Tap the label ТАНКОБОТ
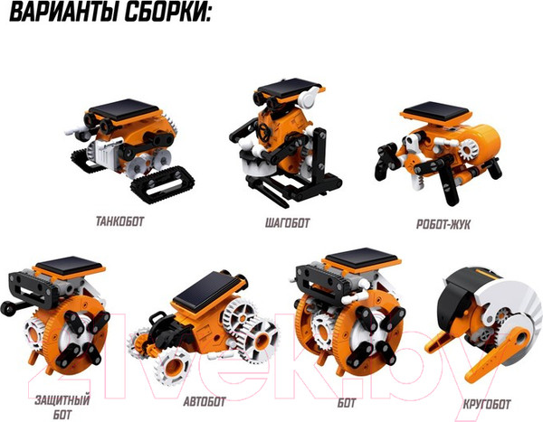pyautogui.click(x=119, y=221)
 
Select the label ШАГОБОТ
pyautogui.click(x=287, y=223)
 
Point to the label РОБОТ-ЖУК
pyautogui.click(x=443, y=224)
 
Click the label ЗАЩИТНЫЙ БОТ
pyautogui.click(x=62, y=408)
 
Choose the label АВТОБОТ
pyautogui.click(x=205, y=401)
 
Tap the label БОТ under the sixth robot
pyautogui.click(x=347, y=403)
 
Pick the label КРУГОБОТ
pyautogui.click(x=487, y=404)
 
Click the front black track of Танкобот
pyautogui.click(x=162, y=184)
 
